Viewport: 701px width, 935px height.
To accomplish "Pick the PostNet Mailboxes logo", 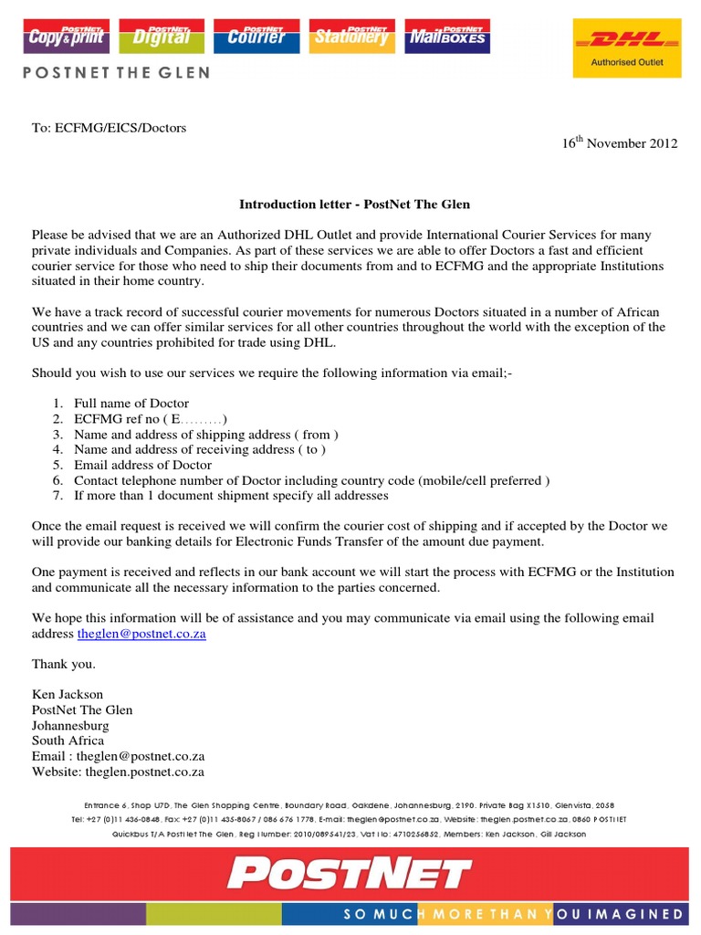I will (446, 36).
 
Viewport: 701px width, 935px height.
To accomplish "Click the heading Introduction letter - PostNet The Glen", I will (354, 204).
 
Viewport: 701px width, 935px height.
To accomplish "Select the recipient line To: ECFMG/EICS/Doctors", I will (109, 128).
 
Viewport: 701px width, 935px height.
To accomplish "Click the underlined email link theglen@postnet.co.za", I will (141, 634).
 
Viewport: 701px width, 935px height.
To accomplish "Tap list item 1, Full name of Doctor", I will (131, 403).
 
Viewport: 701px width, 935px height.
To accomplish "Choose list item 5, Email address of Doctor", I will (142, 465).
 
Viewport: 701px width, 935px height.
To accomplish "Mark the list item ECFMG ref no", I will (150, 418).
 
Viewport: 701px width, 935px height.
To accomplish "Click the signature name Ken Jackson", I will (68, 694).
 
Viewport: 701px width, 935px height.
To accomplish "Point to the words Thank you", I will (63, 664).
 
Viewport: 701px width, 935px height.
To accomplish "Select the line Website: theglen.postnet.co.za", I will (118, 772).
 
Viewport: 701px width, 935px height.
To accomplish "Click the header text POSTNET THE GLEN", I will (116, 72).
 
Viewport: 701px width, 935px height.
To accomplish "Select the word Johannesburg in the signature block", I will (70, 725).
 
